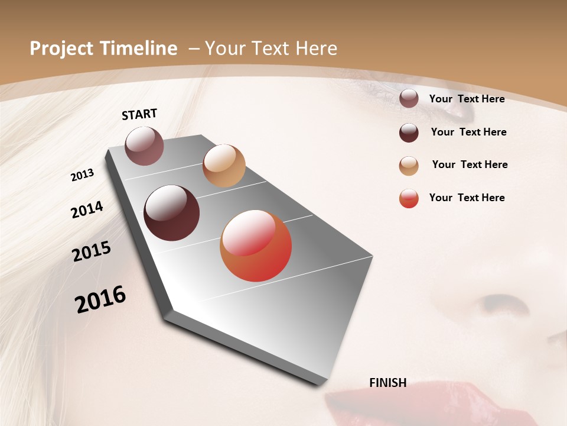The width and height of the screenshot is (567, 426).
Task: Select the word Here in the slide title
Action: [x=316, y=49]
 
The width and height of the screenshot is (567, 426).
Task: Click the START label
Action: [x=139, y=114]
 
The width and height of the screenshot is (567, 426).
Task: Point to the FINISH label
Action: [x=387, y=383]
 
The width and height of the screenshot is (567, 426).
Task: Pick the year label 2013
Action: [x=82, y=175]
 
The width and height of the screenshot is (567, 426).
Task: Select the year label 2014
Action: [x=87, y=209]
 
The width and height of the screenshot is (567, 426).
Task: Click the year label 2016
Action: [x=100, y=299]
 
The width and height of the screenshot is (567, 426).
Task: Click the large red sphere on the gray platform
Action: [x=256, y=246]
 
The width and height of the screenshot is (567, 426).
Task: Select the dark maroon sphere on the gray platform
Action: [x=171, y=213]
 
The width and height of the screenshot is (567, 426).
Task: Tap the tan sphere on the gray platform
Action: [x=224, y=166]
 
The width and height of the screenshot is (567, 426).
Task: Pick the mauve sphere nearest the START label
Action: [x=145, y=146]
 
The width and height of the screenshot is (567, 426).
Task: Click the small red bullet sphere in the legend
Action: [x=409, y=198]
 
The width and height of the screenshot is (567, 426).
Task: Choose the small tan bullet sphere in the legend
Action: [x=409, y=166]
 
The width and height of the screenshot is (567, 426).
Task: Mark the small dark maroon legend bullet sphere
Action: [x=409, y=133]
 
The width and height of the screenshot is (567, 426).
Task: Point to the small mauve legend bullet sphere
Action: [x=409, y=99]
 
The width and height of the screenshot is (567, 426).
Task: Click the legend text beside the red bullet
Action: [x=467, y=198]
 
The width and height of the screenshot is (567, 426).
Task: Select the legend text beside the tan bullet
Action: [x=470, y=164]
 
